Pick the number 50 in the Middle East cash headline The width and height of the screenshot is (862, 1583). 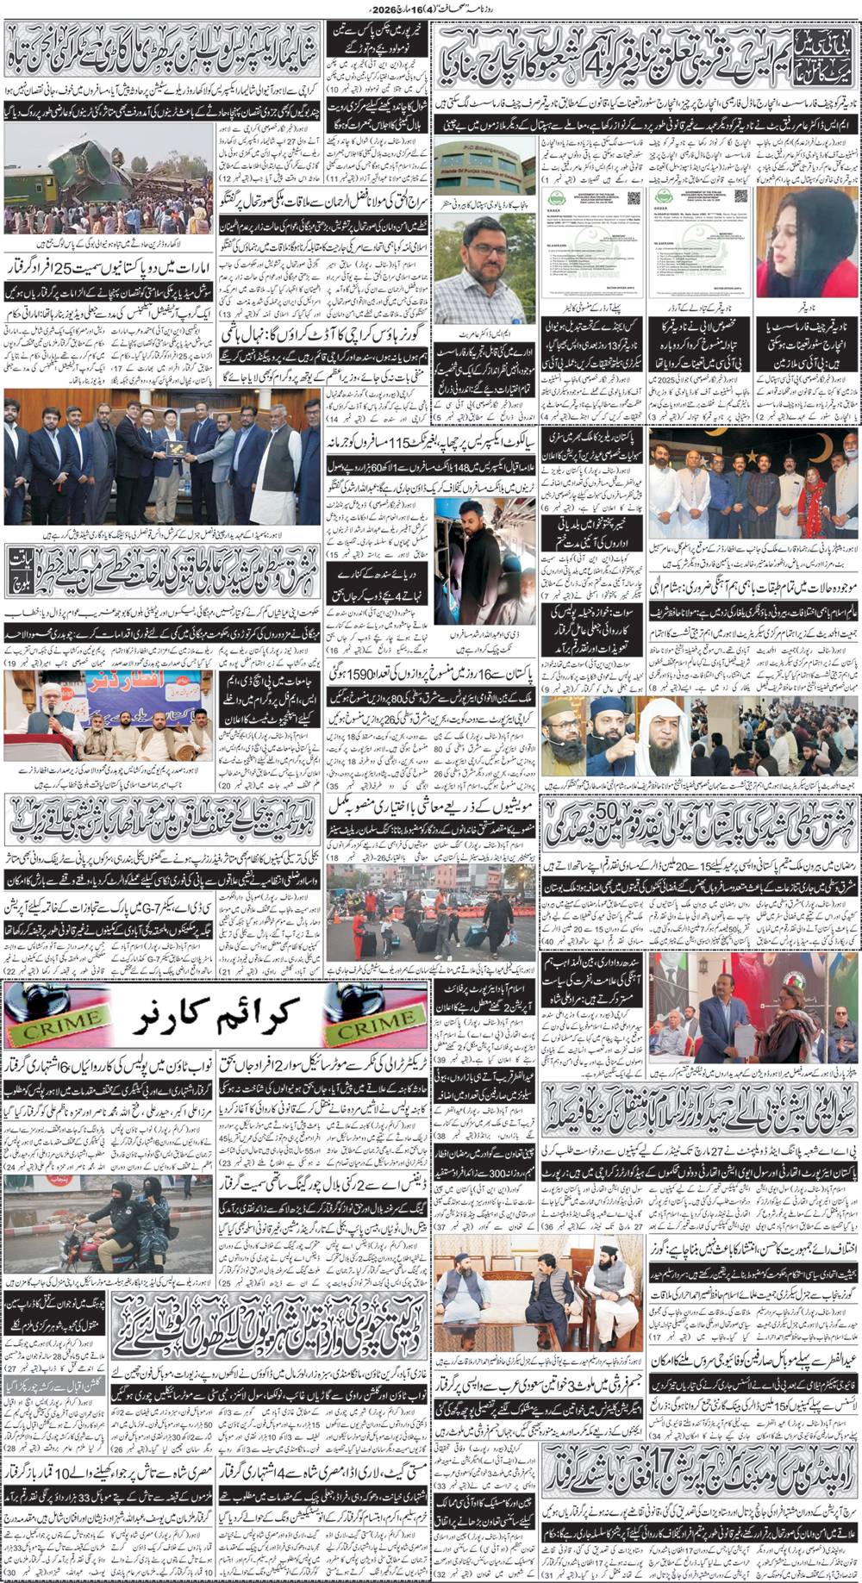(603, 813)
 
